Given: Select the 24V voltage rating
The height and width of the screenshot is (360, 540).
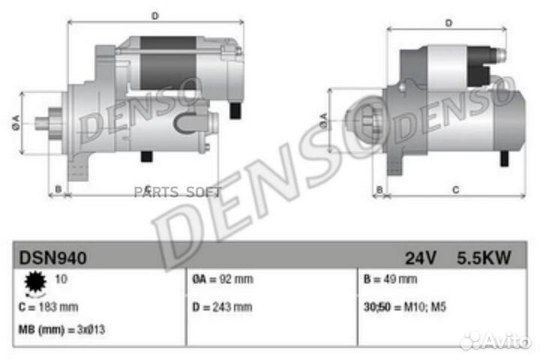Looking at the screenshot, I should pyautogui.click(x=421, y=259).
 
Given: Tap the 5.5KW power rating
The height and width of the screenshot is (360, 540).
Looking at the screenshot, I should pyautogui.click(x=484, y=259).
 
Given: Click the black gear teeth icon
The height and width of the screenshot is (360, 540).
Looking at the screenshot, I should pyautogui.click(x=34, y=283).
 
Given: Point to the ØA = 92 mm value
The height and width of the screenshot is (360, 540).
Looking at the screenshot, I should pyautogui.click(x=223, y=280).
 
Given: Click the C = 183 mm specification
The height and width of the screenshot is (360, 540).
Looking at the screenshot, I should pyautogui.click(x=47, y=307).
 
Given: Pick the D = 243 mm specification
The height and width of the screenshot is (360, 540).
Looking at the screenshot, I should pyautogui.click(x=222, y=307).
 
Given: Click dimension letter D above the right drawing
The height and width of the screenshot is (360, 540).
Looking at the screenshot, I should pyautogui.click(x=448, y=23).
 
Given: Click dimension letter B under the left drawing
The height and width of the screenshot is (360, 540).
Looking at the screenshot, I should pyautogui.click(x=58, y=189).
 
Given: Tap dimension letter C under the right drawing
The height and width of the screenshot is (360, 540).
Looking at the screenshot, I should pyautogui.click(x=455, y=189).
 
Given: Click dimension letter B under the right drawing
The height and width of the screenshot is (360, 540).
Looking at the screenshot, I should pyautogui.click(x=379, y=189).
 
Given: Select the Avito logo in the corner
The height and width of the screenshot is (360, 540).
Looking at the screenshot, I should pyautogui.click(x=496, y=341).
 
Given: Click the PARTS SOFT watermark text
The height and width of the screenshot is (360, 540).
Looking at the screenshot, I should pyautogui.click(x=178, y=192).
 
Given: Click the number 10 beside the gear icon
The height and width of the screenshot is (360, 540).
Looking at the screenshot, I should pyautogui.click(x=60, y=279).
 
